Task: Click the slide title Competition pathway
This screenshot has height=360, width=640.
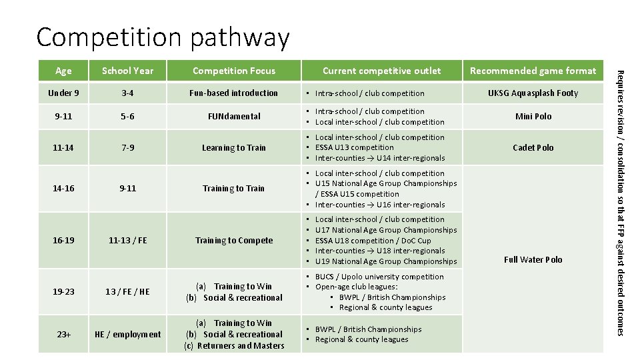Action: (163, 37)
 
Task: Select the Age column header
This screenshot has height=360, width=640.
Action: (63, 71)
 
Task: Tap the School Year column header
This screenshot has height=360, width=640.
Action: (128, 71)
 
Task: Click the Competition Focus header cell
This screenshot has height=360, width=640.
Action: (233, 71)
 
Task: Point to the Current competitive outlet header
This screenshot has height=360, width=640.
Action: (381, 71)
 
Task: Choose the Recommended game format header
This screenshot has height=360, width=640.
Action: (533, 71)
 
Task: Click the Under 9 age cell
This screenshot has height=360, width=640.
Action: (63, 93)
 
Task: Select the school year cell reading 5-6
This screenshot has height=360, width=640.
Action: (127, 116)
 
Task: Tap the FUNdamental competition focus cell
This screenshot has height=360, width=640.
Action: (233, 116)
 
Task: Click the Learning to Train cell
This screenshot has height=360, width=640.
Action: (233, 148)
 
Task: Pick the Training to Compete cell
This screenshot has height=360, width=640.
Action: (233, 240)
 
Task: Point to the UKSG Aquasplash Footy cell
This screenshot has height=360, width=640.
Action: (533, 93)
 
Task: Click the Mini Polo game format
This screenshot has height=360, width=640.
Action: (533, 116)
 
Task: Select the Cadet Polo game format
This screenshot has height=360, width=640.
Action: (533, 147)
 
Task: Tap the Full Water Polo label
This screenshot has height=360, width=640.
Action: (533, 259)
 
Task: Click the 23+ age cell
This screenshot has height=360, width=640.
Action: (63, 334)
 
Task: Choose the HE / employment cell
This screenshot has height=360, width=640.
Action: (127, 334)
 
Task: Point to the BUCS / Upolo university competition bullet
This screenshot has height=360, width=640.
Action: (379, 277)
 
